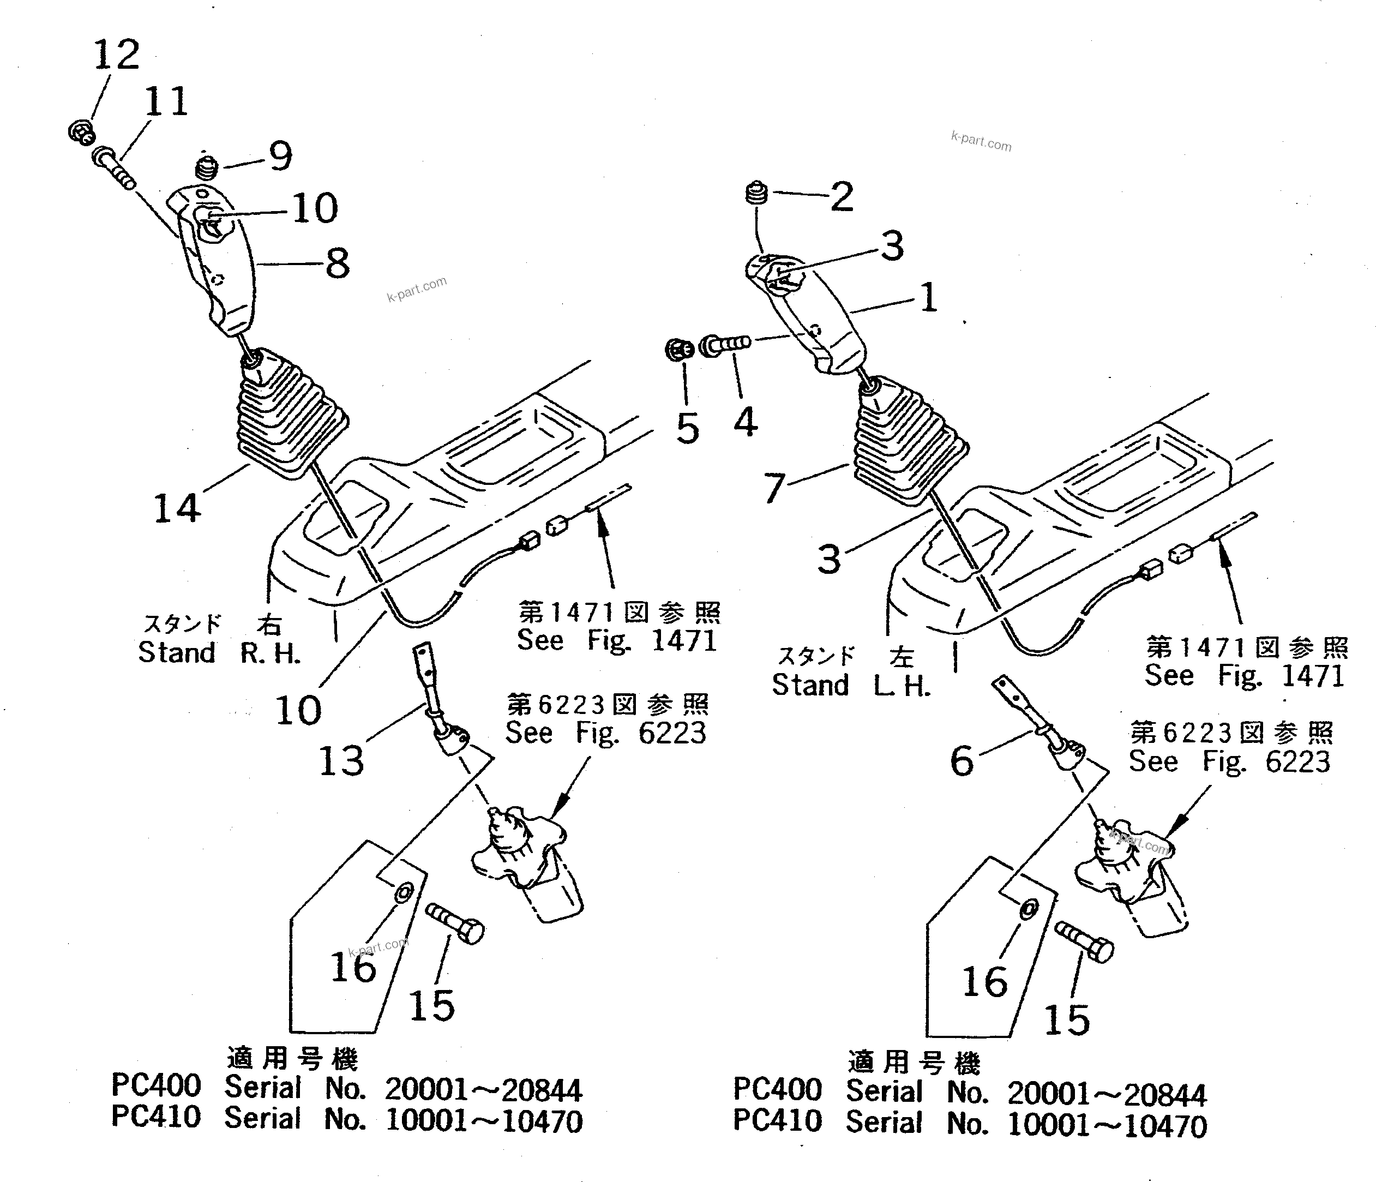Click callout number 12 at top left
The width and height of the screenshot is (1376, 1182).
click(x=117, y=55)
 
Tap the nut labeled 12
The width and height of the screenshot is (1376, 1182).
click(x=81, y=132)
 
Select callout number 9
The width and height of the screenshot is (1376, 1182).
click(x=280, y=157)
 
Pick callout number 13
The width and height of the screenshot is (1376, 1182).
click(x=341, y=761)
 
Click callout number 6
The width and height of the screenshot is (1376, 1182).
click(x=962, y=761)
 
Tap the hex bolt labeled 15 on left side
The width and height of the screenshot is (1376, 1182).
click(x=455, y=923)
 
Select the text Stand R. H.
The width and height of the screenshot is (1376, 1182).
click(x=219, y=653)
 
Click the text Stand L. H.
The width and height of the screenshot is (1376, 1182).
click(x=851, y=685)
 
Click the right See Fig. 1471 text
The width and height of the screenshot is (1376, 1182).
click(x=1245, y=676)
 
